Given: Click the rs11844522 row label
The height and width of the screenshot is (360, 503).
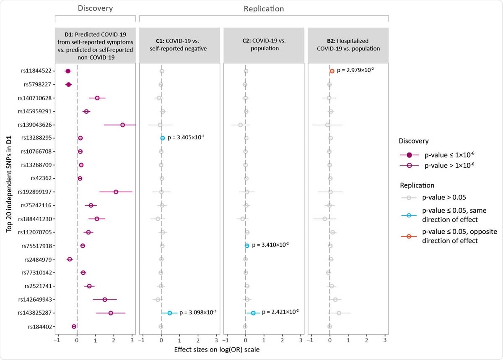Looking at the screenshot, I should click(x=36, y=71).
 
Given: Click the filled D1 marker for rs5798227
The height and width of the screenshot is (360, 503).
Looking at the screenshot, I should click(x=69, y=85).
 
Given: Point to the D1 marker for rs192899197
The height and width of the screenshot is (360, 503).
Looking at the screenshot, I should click(x=116, y=192).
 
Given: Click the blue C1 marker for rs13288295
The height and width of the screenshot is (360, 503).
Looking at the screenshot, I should click(x=163, y=138).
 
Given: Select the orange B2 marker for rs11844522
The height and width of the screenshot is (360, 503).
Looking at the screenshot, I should click(x=332, y=71).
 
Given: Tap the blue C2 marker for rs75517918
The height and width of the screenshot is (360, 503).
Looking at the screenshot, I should click(x=247, y=245).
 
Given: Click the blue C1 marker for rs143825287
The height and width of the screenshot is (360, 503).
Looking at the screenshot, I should click(x=170, y=313).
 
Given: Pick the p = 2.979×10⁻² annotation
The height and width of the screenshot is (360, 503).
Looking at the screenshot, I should click(x=355, y=70).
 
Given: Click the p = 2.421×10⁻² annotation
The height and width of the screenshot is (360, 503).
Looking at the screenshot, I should click(x=280, y=312).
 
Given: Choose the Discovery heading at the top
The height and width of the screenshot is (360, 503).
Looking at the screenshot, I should click(x=95, y=8).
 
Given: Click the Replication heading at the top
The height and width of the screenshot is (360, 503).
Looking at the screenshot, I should click(x=264, y=8).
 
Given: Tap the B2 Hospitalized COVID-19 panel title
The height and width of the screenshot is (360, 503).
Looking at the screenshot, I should click(x=348, y=44).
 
